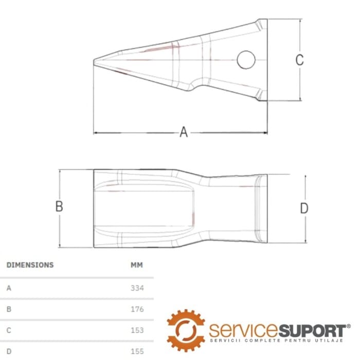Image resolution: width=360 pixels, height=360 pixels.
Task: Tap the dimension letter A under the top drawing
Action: [184, 132]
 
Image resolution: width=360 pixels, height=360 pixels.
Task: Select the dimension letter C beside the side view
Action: [299, 60]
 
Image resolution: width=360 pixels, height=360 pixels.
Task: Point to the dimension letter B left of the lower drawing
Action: [59, 206]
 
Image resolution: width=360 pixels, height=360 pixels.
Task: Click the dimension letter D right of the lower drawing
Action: [304, 208]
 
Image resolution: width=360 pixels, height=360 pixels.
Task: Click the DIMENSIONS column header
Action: [30, 265]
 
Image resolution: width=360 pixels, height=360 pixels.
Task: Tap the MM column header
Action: [137, 265]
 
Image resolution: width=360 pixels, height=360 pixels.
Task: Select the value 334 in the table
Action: [137, 288]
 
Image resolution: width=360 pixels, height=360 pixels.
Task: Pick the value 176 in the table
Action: [137, 309]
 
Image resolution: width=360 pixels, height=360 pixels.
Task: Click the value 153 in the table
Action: [137, 330]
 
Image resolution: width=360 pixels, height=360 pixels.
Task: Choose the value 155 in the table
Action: [137, 351]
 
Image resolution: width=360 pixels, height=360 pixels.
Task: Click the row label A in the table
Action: [9, 288]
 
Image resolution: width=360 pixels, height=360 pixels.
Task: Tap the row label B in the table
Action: [9, 309]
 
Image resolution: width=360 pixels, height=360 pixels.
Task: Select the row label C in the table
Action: [9, 330]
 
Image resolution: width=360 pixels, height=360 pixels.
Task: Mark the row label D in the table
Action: [9, 351]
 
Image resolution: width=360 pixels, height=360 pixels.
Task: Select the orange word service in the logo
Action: [243, 331]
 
